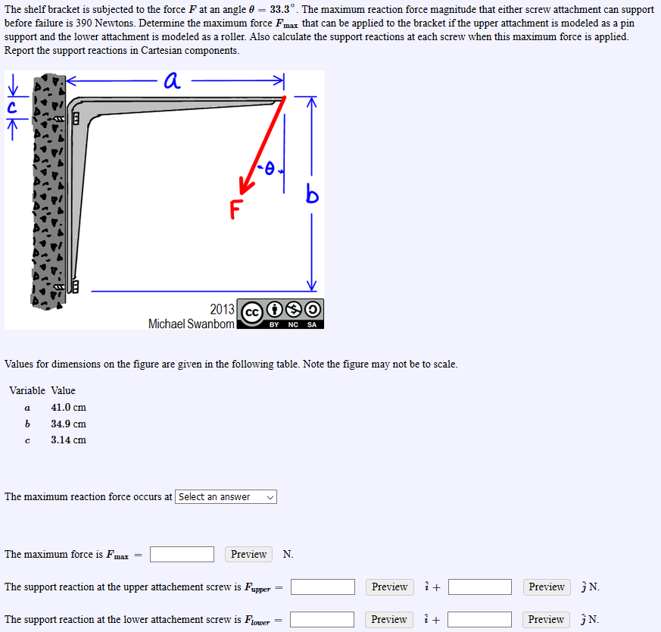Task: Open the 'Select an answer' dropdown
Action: click(226, 497)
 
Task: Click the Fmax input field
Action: click(182, 555)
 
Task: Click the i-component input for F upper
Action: click(323, 587)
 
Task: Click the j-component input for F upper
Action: click(479, 587)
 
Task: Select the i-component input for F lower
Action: click(322, 620)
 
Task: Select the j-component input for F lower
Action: click(479, 620)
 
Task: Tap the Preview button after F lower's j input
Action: click(546, 620)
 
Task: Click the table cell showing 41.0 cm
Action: click(68, 407)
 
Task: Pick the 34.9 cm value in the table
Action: click(68, 424)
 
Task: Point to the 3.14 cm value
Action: click(68, 440)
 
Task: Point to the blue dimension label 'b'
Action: click(312, 196)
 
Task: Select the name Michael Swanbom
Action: click(192, 324)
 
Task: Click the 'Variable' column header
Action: click(27, 390)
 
